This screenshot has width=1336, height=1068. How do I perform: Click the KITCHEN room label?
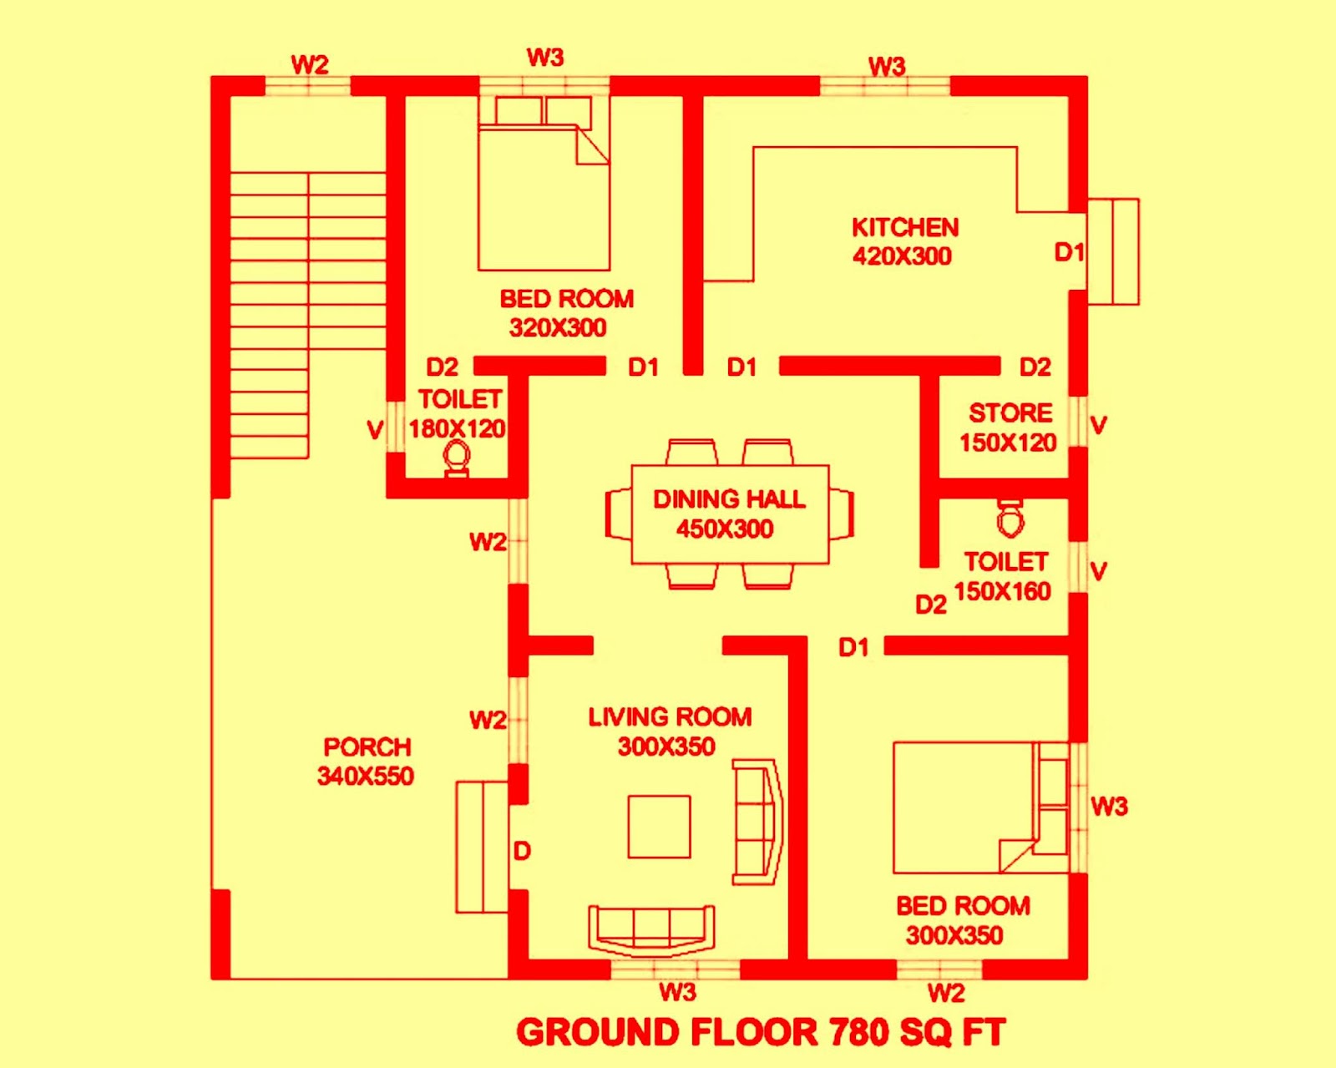pyautogui.click(x=904, y=227)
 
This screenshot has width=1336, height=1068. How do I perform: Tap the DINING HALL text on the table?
pyautogui.click(x=729, y=499)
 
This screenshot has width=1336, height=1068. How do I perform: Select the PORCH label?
pyautogui.click(x=367, y=747)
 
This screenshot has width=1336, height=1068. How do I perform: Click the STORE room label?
pyautogui.click(x=1010, y=413)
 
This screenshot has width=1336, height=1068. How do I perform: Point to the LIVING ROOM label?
pyautogui.click(x=670, y=716)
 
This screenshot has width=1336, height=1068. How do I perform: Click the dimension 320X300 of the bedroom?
pyautogui.click(x=558, y=327)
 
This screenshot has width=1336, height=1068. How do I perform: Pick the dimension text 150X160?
pyautogui.click(x=1002, y=591)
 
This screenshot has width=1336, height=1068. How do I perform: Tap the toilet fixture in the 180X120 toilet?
pyautogui.click(x=457, y=458)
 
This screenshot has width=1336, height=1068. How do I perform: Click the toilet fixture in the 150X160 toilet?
pyautogui.click(x=1010, y=518)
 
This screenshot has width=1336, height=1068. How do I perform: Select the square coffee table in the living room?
pyautogui.click(x=659, y=827)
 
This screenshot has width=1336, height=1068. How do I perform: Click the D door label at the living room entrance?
pyautogui.click(x=522, y=851)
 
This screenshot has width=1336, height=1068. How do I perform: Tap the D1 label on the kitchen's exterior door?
pyautogui.click(x=1069, y=251)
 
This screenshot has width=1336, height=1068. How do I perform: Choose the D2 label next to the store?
pyautogui.click(x=1035, y=367)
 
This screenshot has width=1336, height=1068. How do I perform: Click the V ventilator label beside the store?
pyautogui.click(x=1099, y=425)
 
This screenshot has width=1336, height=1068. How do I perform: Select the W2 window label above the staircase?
pyautogui.click(x=309, y=64)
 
